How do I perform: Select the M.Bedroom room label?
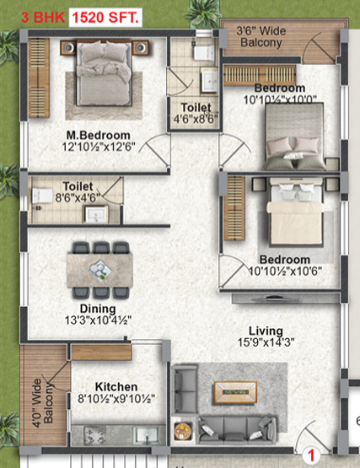[99, 135]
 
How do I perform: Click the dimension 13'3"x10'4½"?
[99, 320]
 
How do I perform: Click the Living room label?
[266, 331]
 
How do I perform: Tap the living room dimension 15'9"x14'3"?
[266, 343]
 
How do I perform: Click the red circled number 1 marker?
[310, 455]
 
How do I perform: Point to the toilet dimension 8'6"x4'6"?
[77, 196]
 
